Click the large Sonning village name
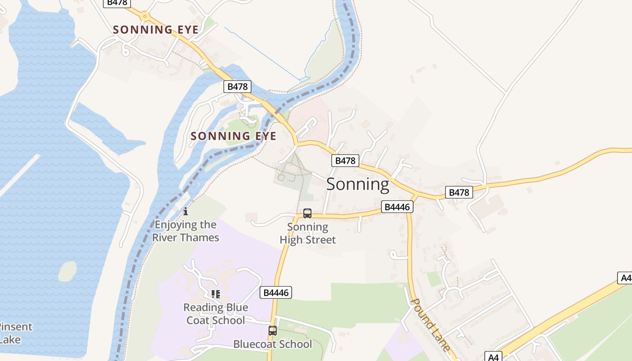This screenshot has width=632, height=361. (x=358, y=184)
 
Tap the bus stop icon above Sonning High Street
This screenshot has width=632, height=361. (x=307, y=213)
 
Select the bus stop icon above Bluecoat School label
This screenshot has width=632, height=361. (x=272, y=330)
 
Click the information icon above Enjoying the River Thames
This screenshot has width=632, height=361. (x=185, y=211)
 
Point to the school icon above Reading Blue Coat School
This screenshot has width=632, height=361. (x=216, y=294)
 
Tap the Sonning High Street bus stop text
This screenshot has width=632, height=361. (x=308, y=233)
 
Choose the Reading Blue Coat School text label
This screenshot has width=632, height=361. (x=216, y=314)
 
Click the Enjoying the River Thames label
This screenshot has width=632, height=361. (x=186, y=231)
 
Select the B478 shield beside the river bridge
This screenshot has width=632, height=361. (x=237, y=87)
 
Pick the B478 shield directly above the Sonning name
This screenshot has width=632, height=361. (x=345, y=161)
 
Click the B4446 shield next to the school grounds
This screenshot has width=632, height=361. (x=276, y=292)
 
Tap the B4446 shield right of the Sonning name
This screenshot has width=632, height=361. (x=397, y=207)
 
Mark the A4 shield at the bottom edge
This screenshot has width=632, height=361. (x=493, y=356)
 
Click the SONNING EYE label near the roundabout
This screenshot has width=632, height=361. (x=155, y=30)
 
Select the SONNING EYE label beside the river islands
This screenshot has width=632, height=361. (x=233, y=136)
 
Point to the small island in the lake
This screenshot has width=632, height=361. (x=67, y=271)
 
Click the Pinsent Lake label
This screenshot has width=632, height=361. (x=14, y=333)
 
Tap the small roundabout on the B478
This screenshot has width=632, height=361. (x=144, y=16)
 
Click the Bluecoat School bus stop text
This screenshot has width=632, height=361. (x=272, y=344)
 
